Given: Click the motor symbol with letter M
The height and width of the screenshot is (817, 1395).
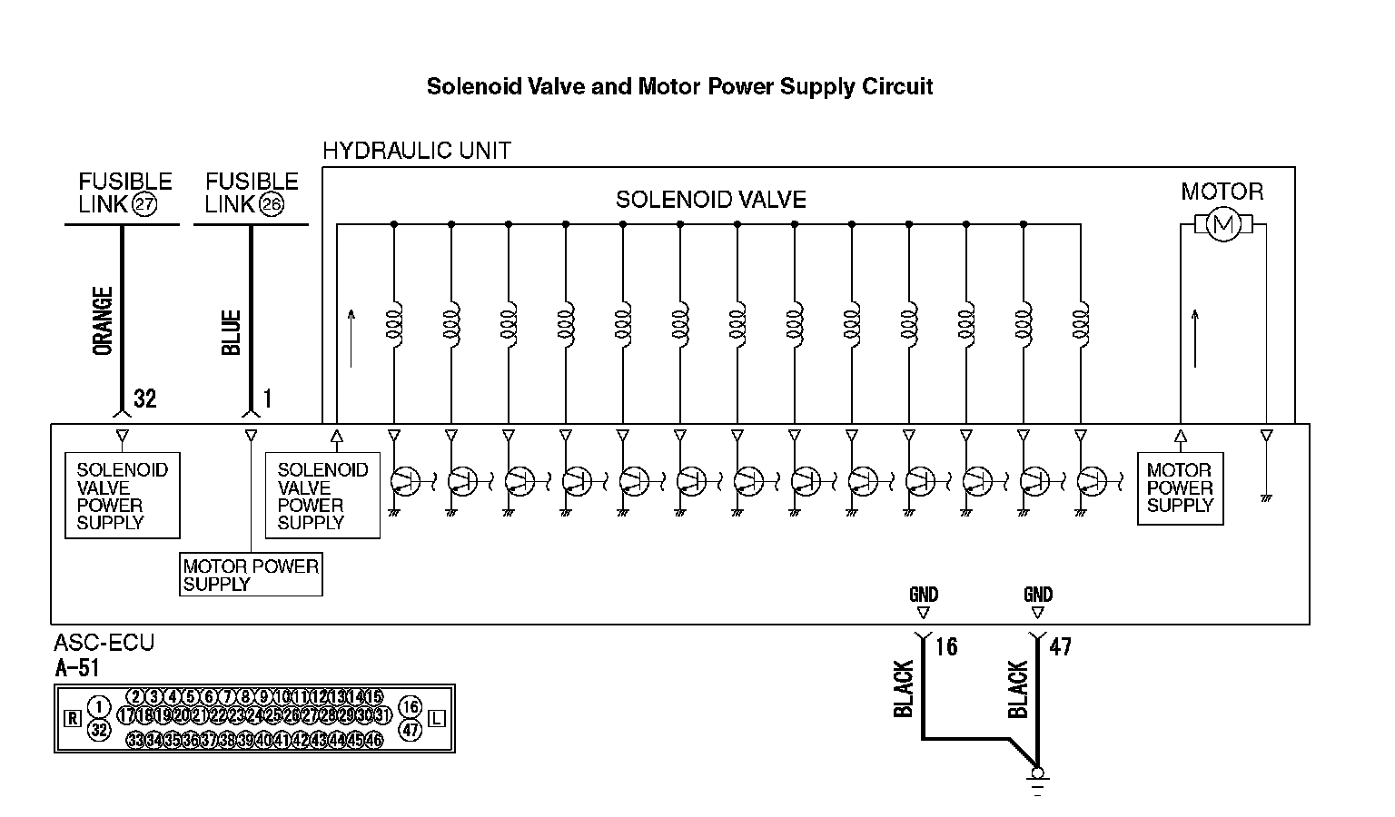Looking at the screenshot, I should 1222,224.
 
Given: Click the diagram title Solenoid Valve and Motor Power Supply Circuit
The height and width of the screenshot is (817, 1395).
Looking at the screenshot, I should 679,87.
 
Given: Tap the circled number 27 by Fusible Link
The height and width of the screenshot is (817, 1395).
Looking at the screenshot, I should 143,204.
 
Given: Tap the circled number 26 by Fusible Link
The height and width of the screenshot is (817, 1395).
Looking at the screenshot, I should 272,204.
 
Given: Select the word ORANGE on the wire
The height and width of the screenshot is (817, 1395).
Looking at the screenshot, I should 104,320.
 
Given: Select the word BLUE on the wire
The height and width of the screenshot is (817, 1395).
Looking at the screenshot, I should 232,332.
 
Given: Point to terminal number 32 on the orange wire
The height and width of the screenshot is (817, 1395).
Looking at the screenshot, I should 145,399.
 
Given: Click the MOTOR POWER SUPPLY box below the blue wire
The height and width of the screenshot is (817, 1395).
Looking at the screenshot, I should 251,575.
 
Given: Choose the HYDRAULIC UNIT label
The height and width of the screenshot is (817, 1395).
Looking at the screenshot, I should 417,151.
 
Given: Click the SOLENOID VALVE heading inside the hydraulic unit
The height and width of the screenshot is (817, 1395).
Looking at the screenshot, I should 710,200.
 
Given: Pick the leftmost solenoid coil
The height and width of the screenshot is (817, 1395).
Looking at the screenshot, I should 394,321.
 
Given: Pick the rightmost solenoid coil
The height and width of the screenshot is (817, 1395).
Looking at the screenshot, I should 1081,321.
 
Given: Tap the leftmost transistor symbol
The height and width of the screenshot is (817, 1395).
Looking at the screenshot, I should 406,481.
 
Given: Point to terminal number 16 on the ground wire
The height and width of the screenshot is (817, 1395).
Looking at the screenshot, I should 946,646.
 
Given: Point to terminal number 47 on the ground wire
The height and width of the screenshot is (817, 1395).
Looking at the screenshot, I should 1060,646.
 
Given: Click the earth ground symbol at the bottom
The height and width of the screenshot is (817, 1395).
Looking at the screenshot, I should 1037,780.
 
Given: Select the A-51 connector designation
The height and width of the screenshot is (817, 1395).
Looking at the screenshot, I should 76,668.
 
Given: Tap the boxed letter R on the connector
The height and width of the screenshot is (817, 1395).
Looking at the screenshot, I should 74,719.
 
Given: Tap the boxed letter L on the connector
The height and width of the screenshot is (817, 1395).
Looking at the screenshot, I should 437,719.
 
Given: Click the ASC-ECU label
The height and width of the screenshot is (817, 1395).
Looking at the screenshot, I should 104,643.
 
